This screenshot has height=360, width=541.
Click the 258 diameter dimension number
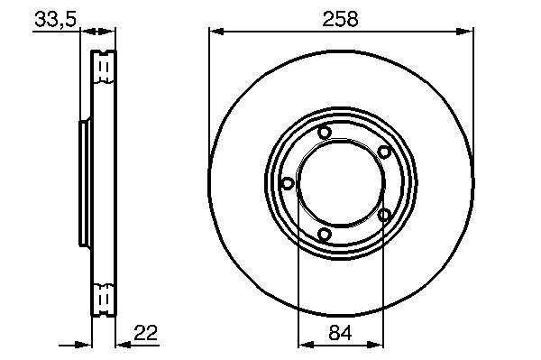tap(340, 19)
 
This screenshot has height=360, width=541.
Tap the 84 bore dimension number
tap(340, 333)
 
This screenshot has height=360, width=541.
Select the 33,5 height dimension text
tap(55, 19)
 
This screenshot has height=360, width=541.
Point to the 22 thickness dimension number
tap(145, 333)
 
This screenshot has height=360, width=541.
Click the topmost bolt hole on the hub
tap(325, 133)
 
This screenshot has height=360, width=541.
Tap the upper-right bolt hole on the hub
tap(384, 152)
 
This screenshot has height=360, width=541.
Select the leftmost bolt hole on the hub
tap(288, 183)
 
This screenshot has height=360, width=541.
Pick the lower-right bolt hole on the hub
tap(384, 215)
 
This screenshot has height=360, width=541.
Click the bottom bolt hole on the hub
tap(325, 235)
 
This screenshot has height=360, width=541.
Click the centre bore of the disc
tap(341, 183)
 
